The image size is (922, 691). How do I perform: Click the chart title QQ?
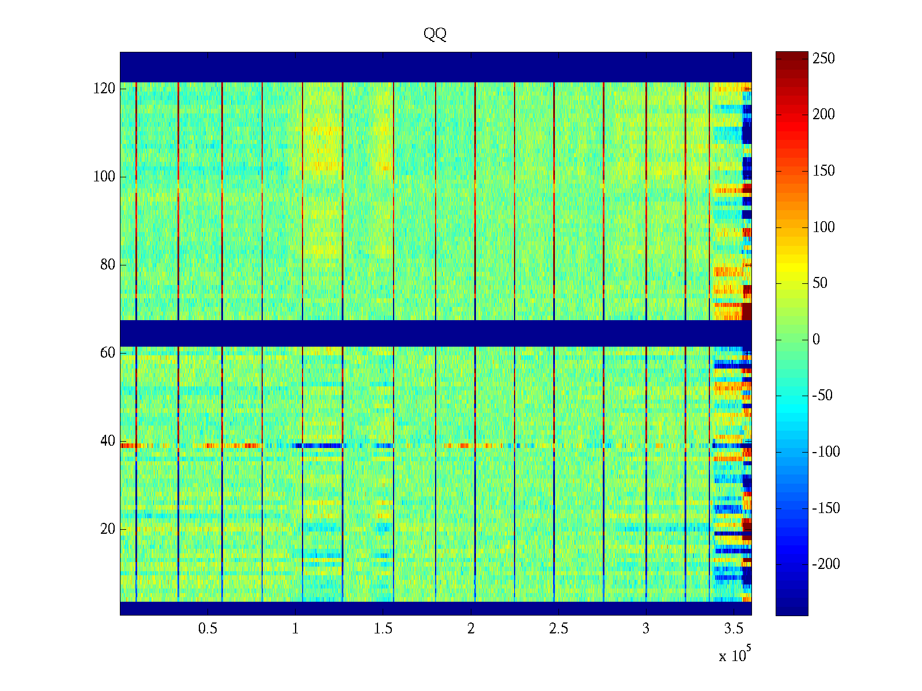click(435, 35)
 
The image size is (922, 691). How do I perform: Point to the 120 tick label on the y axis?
click(104, 89)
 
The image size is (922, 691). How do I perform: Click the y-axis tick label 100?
click(104, 177)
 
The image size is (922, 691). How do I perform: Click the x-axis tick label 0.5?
click(207, 629)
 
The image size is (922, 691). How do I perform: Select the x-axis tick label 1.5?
click(383, 629)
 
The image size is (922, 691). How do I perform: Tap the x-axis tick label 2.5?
click(558, 629)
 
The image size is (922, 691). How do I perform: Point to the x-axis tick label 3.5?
click(734, 629)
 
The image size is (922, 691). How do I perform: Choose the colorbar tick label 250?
click(823, 59)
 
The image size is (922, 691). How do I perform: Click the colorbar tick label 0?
click(816, 340)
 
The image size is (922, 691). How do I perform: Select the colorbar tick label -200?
click(826, 564)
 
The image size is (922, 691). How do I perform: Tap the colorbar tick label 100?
click(823, 227)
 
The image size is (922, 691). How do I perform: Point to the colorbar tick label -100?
click(826, 452)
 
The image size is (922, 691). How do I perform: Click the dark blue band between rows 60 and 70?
click(436, 333)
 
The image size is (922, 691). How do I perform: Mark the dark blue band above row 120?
click(436, 67)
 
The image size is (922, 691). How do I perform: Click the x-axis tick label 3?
click(646, 629)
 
